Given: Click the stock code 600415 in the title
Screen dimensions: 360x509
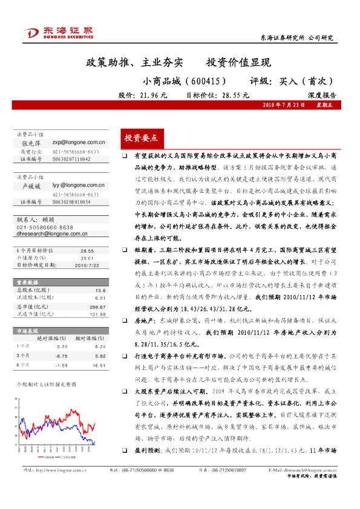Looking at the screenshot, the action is tap(205, 80).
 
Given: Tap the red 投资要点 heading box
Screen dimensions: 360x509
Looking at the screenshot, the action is tap(140, 138).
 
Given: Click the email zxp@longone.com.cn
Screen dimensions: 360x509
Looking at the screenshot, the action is tap(79, 143).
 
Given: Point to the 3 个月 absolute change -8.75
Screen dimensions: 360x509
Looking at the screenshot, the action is tap(61, 356).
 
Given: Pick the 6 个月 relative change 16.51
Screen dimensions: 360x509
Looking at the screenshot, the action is tap(99, 365).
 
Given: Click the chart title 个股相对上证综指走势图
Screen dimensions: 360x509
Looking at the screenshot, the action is tap(46, 384).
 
